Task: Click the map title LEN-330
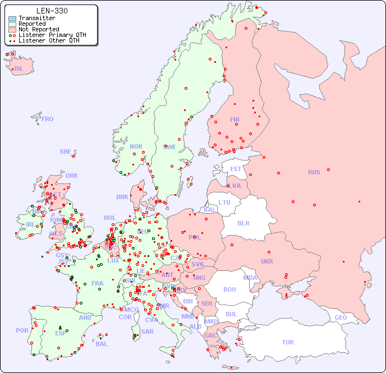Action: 52,11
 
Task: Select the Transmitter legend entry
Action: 36,19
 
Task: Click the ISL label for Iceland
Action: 19,69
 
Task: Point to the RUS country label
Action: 314,172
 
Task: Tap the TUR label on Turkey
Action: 288,342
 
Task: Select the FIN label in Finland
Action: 235,119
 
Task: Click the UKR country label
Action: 266,261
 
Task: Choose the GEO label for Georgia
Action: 341,317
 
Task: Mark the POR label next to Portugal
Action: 22,330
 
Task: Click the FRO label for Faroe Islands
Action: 48,119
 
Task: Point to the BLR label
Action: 243,223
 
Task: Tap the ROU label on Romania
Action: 229,289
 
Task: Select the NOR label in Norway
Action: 136,146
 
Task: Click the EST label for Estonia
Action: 236,169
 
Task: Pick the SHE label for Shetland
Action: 66,151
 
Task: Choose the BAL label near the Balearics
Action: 101,344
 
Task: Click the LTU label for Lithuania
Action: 224,202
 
